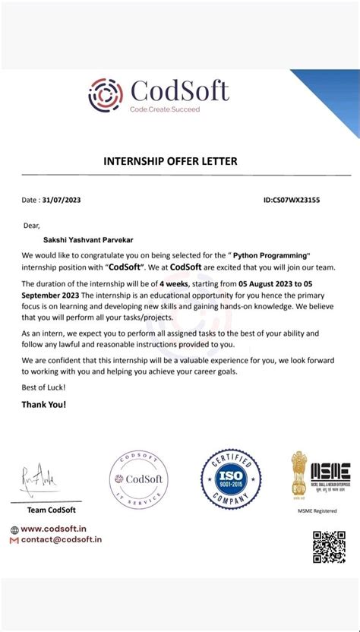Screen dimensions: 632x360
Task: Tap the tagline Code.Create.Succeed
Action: pos(165,110)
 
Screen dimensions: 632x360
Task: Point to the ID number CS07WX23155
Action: pos(292,201)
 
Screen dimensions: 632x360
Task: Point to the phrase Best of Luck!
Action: pos(43,387)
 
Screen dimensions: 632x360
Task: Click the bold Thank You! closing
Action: pos(43,404)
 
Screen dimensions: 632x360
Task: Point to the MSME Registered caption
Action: pos(317,510)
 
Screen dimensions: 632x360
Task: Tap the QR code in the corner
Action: pos(329,547)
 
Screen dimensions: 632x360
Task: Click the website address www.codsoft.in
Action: pos(52,529)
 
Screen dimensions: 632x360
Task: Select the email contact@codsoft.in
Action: pos(62,540)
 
